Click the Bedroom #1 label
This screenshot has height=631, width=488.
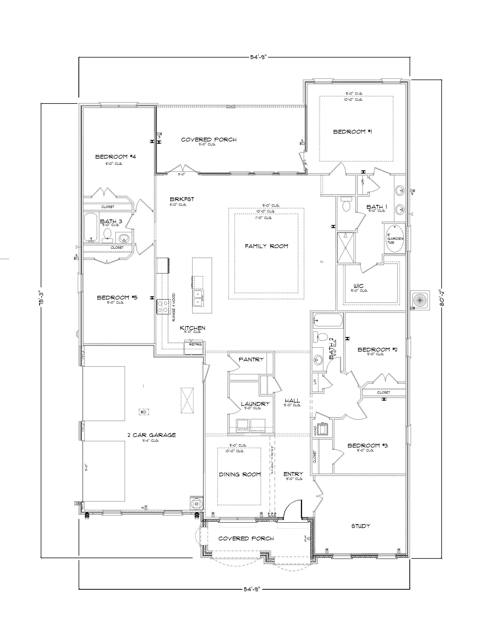pyautogui.click(x=352, y=132)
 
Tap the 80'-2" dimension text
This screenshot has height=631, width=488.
pyautogui.click(x=442, y=298)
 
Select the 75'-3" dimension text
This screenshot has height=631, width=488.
pyautogui.click(x=42, y=298)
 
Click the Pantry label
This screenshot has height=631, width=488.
pyautogui.click(x=251, y=359)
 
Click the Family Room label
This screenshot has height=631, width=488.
pyautogui.click(x=266, y=246)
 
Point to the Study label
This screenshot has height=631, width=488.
pyautogui.click(x=361, y=526)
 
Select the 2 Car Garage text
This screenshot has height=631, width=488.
pyautogui.click(x=152, y=435)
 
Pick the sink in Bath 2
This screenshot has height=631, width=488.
pyautogui.click(x=318, y=359)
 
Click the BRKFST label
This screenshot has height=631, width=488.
pyautogui.click(x=182, y=199)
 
